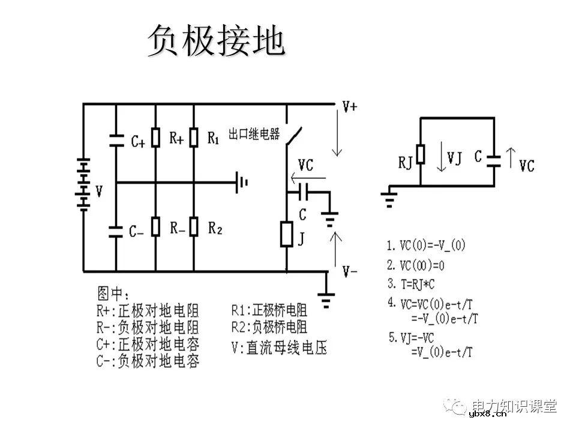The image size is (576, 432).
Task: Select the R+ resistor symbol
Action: (x=155, y=137)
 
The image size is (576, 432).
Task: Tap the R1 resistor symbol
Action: (x=194, y=137)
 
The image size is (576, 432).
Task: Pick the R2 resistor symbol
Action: (x=194, y=227)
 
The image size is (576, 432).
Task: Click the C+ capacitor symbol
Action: (x=116, y=140)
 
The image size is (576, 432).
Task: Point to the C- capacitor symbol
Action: (x=116, y=230)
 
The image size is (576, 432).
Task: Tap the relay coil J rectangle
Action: (x=286, y=234)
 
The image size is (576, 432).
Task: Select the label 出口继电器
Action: (x=254, y=134)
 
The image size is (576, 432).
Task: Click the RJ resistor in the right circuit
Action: (x=421, y=154)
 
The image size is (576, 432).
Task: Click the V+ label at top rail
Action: (x=350, y=107)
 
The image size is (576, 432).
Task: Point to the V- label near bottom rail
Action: (x=350, y=272)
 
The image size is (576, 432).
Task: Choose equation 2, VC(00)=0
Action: (x=418, y=265)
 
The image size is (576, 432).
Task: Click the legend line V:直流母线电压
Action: (x=279, y=347)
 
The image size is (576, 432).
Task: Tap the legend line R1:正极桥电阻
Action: (x=269, y=310)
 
